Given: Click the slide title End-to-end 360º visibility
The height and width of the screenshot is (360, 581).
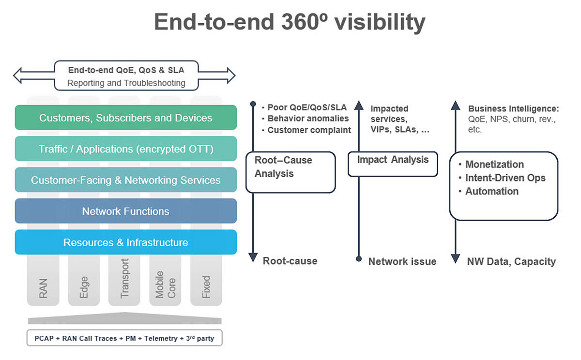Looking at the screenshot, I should click(x=290, y=22).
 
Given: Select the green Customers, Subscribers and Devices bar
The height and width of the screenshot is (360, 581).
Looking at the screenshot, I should click(x=125, y=118).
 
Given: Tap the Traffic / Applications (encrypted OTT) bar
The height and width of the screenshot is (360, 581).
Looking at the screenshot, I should click(x=125, y=149).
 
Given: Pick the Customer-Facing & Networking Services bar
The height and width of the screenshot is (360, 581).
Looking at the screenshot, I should click(x=125, y=180).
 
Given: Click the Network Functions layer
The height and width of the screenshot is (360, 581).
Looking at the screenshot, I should click(x=125, y=211).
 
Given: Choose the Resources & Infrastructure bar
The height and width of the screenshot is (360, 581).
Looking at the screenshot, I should click(x=125, y=242).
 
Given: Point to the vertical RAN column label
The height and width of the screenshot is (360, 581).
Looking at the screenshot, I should click(x=43, y=287).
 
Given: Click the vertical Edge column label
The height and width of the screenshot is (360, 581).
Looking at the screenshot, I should click(x=84, y=286).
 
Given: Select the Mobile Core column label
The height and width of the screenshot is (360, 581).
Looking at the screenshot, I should click(x=165, y=285).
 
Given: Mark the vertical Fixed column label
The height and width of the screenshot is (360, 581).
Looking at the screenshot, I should click(x=206, y=286).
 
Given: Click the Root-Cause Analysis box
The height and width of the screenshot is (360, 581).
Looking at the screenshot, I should click(x=290, y=172).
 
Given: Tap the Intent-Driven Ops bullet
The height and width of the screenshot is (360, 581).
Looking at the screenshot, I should click(x=505, y=178).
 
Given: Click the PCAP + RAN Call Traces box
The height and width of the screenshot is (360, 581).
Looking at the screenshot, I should click(x=124, y=338).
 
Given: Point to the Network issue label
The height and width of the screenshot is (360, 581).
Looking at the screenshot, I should click(x=402, y=262).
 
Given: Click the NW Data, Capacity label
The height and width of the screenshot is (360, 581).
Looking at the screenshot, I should click(x=511, y=262).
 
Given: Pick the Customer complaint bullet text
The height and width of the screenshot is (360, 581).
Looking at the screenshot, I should click(x=309, y=130).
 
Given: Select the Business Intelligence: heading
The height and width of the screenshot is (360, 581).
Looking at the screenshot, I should click(x=513, y=108).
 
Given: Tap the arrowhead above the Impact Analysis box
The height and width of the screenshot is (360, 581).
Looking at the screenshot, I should click(x=359, y=104).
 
